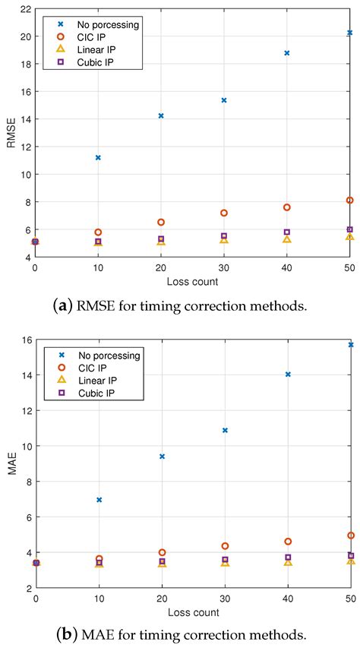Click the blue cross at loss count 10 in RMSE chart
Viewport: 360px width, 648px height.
98,157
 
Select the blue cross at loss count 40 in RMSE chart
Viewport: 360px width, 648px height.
287,53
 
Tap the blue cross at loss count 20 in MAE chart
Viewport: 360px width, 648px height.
162,457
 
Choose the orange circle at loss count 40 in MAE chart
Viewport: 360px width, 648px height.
287,542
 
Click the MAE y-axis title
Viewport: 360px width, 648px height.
11,464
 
